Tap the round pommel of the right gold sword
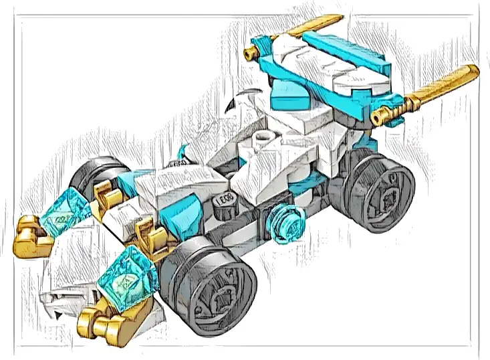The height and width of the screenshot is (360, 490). (x=381, y=118)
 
